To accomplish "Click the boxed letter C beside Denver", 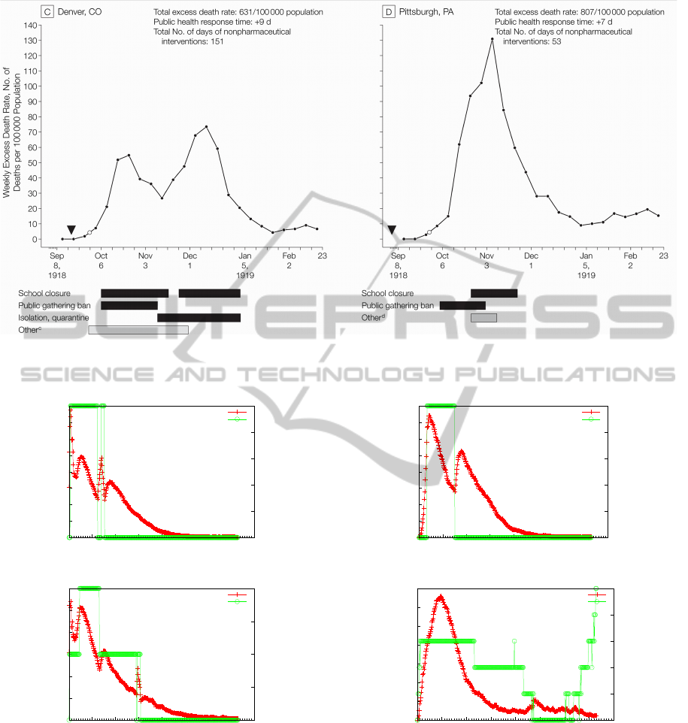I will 47,12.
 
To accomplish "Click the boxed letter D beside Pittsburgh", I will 389,12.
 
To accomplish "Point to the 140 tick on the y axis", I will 29,24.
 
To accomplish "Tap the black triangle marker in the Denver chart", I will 71,229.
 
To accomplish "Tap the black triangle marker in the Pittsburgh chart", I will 392,229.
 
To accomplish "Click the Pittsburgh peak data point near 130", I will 492,39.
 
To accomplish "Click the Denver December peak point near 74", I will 206,126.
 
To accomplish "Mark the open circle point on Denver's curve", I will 89,233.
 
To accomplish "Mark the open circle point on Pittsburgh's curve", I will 429,232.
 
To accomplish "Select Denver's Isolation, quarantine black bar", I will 199,318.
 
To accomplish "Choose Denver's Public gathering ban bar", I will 129,305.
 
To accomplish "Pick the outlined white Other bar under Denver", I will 138,330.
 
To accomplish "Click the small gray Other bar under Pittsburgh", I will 483,318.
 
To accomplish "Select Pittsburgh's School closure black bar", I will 493,293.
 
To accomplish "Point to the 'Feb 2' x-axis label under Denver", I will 288,260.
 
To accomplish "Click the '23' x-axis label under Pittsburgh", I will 663,256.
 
